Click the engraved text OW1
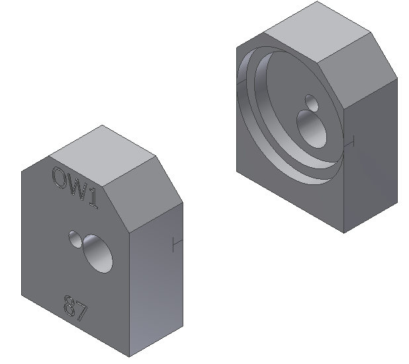point(75,188)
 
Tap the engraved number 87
point(75,307)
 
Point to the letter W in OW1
point(77,189)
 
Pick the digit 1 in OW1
point(92,200)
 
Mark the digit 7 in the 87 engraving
point(81,311)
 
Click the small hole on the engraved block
point(77,239)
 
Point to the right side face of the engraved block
point(159,291)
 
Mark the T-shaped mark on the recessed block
point(351,141)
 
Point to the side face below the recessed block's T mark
point(371,185)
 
